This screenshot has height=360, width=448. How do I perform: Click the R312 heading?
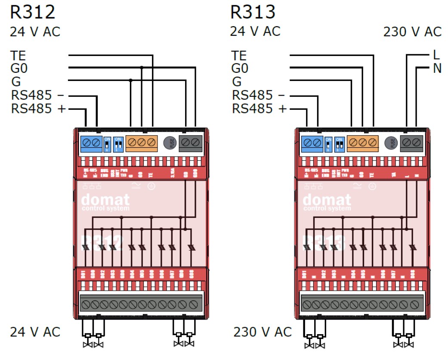33,12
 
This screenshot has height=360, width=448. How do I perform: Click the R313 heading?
253,12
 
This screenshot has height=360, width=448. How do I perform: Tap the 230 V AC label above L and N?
412,32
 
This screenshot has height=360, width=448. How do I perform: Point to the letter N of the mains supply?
437,68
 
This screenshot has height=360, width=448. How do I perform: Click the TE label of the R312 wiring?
19,56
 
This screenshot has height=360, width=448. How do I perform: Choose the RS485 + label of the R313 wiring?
259,109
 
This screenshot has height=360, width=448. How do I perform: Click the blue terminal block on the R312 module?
91,143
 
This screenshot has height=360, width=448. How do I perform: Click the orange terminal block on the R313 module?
362,143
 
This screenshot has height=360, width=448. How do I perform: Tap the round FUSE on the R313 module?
390,143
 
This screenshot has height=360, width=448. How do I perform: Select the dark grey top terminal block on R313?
411,143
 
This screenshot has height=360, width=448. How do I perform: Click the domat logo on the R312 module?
105,201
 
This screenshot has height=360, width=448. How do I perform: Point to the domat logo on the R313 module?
327,201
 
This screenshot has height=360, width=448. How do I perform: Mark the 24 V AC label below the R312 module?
35,332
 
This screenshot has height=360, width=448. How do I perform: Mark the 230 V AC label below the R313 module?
263,332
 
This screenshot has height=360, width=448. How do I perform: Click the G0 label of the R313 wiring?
240,69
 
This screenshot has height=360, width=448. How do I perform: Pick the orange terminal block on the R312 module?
141,143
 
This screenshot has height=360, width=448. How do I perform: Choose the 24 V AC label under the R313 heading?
255,31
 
